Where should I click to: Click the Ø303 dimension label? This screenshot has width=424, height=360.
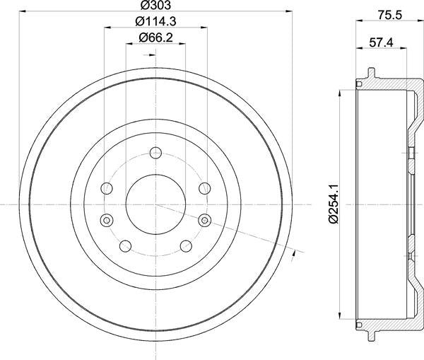pyautogui.click(x=156, y=5)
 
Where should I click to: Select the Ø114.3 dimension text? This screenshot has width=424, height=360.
pyautogui.click(x=156, y=21)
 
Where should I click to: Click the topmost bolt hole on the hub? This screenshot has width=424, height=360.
pyautogui.click(x=156, y=151)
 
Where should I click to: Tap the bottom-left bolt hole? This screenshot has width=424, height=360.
pyautogui.click(x=126, y=245)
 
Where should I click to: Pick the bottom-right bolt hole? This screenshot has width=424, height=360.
pyautogui.click(x=187, y=245)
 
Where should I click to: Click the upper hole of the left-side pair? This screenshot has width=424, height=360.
pyautogui.click(x=107, y=188)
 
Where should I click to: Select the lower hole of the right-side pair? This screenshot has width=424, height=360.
pyautogui.click(x=206, y=219)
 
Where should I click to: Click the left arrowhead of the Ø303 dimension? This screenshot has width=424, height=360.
pyautogui.click(x=23, y=11)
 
